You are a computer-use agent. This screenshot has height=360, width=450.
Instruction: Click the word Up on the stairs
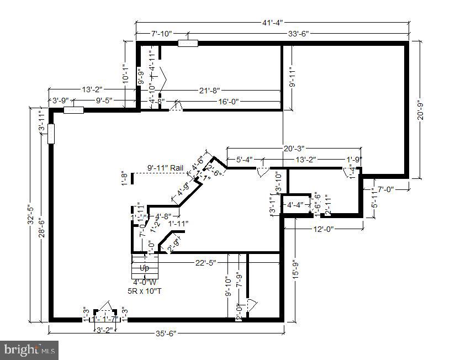click(x=145, y=268)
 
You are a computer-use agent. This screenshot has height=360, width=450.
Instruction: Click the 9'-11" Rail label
click(x=165, y=168)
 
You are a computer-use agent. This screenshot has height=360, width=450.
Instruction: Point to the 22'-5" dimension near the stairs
click(x=206, y=262)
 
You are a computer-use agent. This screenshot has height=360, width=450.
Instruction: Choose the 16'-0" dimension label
click(x=228, y=101)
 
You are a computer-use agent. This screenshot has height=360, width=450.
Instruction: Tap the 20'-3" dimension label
click(x=294, y=148)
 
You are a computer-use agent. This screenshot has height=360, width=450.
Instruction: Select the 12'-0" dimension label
click(x=323, y=229)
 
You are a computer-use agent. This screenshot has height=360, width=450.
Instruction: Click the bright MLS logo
click(x=30, y=350)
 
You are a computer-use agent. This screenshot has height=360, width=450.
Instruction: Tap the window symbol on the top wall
click(x=188, y=44)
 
